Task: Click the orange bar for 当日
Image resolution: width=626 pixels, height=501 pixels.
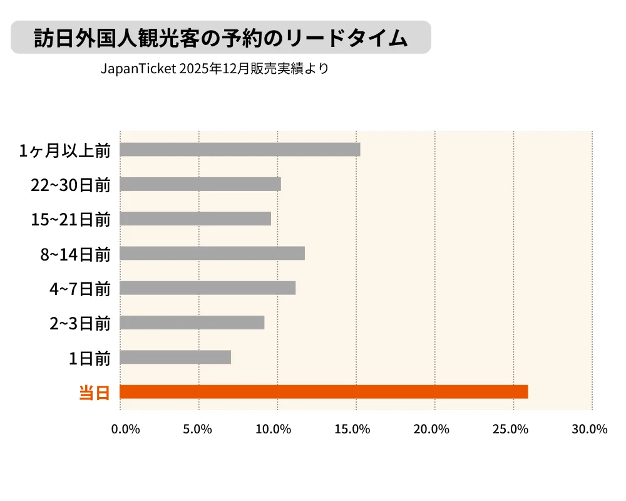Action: point(324,392)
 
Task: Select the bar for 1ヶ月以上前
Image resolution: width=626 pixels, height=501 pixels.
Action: point(240,150)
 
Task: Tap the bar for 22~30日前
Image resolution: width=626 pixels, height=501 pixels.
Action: point(200,184)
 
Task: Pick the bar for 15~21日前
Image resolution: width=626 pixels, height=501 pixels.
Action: point(195,219)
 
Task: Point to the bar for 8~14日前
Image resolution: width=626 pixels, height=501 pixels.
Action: point(212,253)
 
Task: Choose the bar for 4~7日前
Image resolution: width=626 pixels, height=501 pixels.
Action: point(207,288)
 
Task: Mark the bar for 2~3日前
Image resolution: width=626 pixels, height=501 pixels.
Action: point(192,323)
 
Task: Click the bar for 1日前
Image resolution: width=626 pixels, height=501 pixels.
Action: point(175,357)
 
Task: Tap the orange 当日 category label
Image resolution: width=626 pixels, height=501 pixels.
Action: point(95,393)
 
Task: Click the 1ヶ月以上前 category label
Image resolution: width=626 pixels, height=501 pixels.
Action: point(65,150)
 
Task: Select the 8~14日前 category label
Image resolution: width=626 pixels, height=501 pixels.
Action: point(75,254)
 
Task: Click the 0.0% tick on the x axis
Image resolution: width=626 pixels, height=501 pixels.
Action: point(125,429)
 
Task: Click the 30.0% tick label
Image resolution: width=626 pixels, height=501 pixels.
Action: point(590,429)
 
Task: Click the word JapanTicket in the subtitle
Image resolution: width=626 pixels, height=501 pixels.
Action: point(138,69)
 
